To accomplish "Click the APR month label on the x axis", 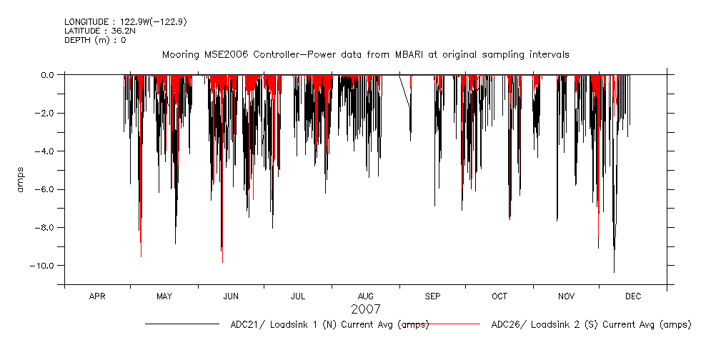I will pos(97,296).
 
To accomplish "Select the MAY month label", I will pos(164,296).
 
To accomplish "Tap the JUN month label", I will pos(231,296).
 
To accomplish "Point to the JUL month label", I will pos(298,296).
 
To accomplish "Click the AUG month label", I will pos(365,296).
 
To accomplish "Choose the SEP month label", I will pos(432,296).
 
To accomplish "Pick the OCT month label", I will pos(499,296).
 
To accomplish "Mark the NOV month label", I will pos(566,296).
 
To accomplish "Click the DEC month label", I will pos(633,296).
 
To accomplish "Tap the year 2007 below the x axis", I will pos(365,309).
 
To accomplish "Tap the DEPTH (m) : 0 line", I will pos(95,40).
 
